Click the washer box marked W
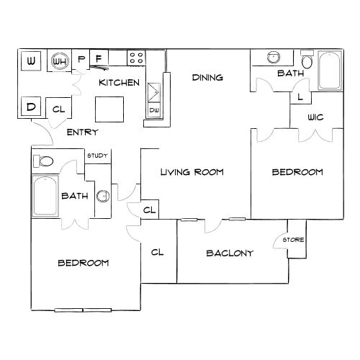coord(31,61)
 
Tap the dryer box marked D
coord(31,107)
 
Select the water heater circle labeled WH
coord(60,61)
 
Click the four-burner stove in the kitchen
coord(136,58)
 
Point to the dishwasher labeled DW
coord(154,110)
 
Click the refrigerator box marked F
coord(99,58)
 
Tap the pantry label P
coord(81,58)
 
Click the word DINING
coord(207,77)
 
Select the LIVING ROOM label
coord(192,172)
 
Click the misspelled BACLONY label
coord(230,253)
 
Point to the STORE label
coord(293,240)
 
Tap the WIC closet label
coord(315,117)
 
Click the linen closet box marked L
coord(300,97)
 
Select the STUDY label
coord(97,156)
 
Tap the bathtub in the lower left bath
coord(45,196)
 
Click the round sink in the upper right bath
coord(274,58)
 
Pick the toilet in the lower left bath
coord(43,161)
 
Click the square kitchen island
coord(109,109)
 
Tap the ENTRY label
coord(82,132)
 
